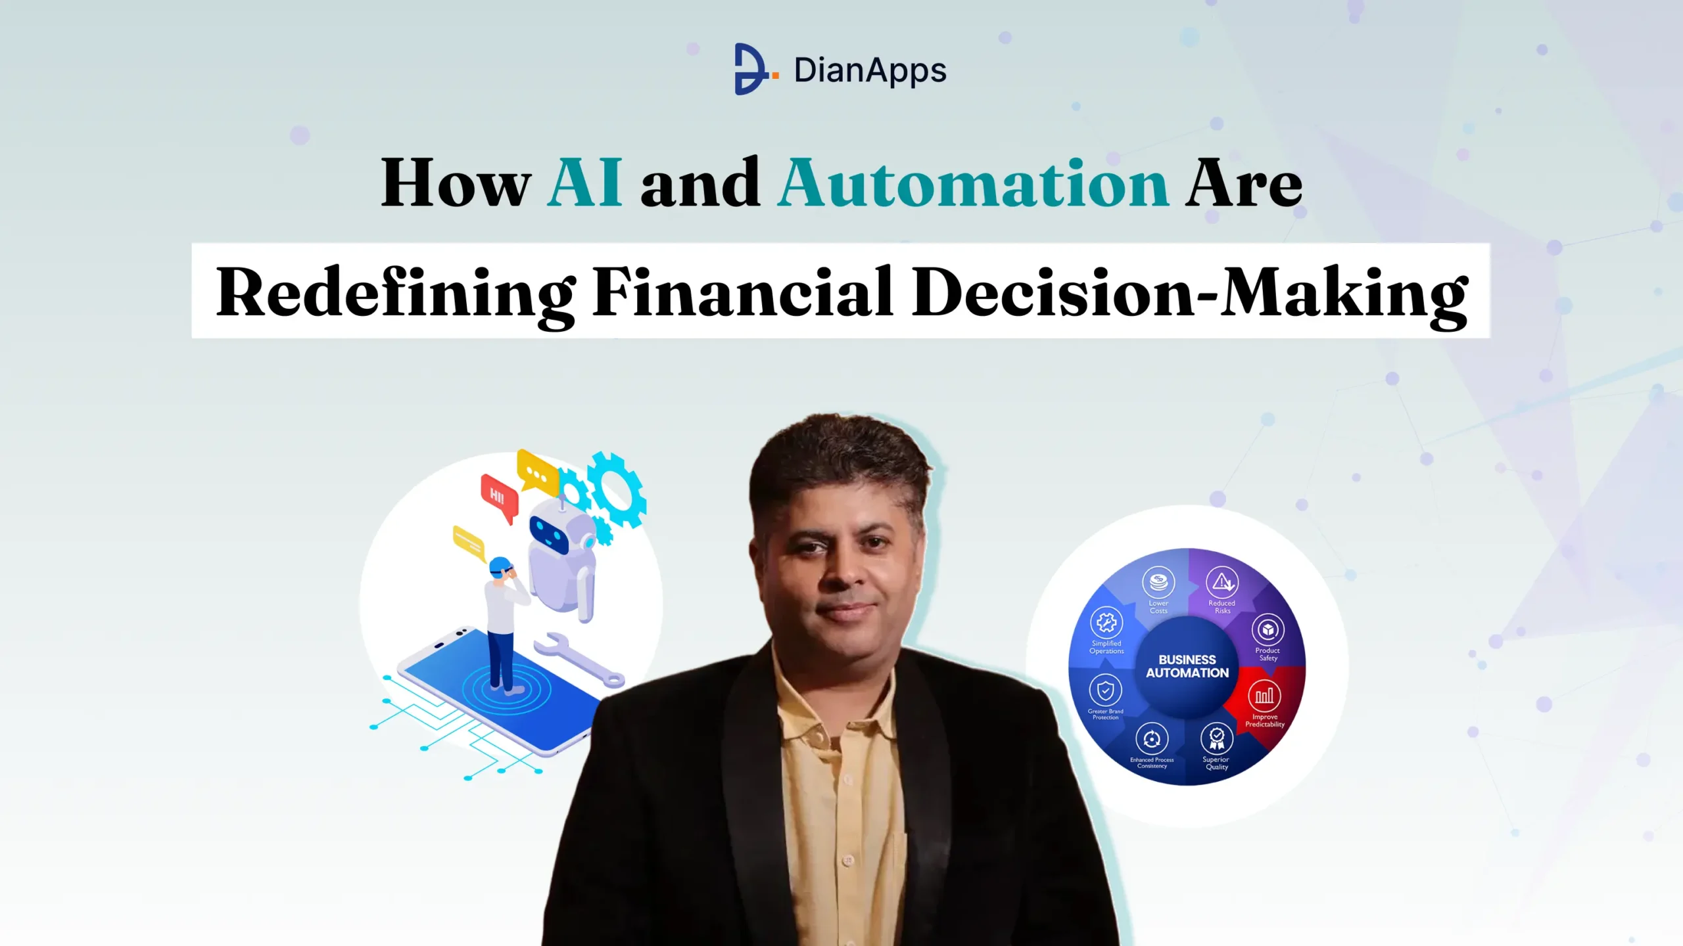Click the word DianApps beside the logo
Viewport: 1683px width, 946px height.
[x=870, y=71]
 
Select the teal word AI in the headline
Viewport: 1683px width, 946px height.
[x=584, y=183]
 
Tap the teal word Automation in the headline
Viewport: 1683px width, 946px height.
[x=973, y=183]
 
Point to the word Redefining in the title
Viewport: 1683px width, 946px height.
[x=396, y=292]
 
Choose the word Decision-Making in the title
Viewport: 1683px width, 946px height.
[x=1190, y=292]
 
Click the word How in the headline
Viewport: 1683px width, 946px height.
[x=456, y=183]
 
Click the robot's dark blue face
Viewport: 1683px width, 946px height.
[x=549, y=534]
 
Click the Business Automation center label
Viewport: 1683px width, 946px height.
[x=1187, y=665]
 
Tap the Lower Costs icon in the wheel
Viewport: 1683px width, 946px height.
[x=1158, y=582]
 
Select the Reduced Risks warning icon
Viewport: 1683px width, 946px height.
[x=1222, y=582]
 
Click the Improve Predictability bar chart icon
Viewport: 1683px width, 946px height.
[x=1264, y=695]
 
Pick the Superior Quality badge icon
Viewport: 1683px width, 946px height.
[x=1217, y=738]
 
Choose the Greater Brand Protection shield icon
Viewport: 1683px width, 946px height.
[x=1105, y=690]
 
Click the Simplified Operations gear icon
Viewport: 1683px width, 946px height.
[x=1106, y=622]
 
